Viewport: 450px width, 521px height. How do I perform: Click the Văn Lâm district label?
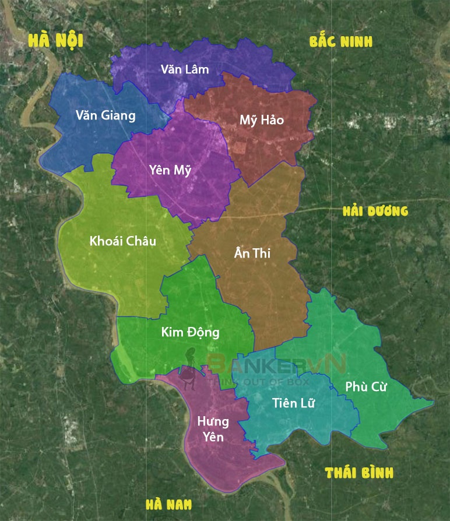[185, 69]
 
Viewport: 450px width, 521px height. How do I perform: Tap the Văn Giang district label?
[106, 115]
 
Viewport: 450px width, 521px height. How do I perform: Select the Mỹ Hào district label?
[262, 120]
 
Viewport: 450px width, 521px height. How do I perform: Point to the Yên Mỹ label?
[170, 170]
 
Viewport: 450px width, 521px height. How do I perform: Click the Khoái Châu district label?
[123, 241]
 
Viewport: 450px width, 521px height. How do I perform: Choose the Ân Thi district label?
[252, 253]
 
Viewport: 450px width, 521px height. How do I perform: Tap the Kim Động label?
[191, 333]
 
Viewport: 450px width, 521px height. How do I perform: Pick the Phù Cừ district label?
[366, 386]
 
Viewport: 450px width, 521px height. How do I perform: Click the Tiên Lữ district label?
[294, 403]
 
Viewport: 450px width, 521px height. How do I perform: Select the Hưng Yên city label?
[213, 429]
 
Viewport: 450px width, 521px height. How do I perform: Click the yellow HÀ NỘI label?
[56, 40]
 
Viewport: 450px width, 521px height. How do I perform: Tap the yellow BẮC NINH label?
[341, 42]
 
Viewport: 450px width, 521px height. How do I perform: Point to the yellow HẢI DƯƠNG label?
[375, 211]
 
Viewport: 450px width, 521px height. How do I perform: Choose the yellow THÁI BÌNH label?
[359, 472]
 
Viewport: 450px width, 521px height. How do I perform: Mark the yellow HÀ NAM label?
[168, 505]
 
